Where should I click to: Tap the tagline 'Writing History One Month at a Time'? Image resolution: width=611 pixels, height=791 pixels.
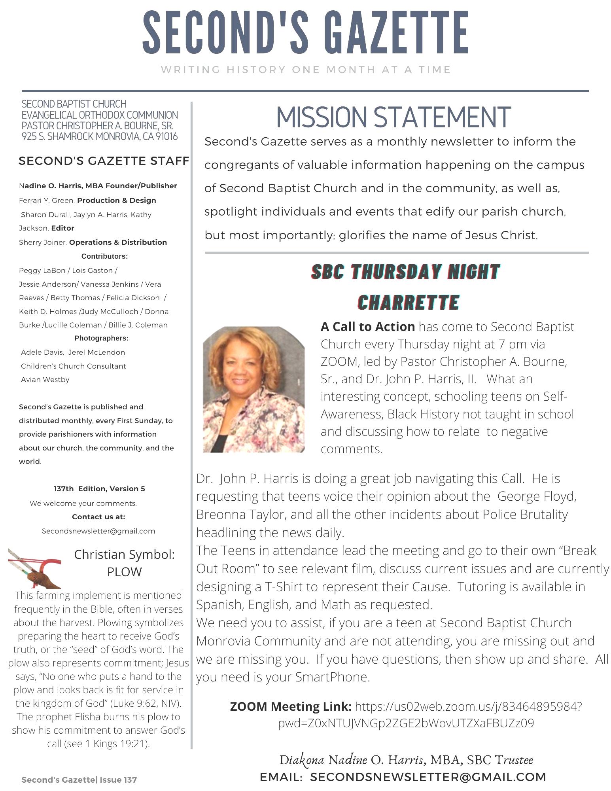click(x=306, y=70)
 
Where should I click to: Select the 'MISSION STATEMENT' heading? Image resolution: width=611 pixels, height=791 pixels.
click(x=393, y=117)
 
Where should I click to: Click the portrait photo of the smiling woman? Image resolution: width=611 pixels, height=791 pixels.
click(x=253, y=389)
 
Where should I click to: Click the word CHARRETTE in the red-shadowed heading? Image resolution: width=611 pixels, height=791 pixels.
click(x=408, y=303)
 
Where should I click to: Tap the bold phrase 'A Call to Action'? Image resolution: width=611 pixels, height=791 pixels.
click(x=367, y=327)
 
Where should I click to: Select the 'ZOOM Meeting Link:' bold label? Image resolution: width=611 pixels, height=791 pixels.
click(x=291, y=706)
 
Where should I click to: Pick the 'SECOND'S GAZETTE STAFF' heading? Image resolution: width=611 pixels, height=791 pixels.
click(x=104, y=161)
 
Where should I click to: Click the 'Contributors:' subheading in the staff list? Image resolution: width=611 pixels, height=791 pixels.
click(x=104, y=256)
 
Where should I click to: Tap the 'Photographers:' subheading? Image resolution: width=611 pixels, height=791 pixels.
click(x=101, y=338)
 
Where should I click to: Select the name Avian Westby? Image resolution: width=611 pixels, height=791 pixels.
click(x=45, y=380)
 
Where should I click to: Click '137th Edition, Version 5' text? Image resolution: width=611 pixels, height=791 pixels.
click(x=99, y=489)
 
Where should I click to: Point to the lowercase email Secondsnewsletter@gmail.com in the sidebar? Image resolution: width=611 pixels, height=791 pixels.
click(x=98, y=531)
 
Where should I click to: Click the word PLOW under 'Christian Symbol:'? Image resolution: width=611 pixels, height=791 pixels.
click(x=124, y=572)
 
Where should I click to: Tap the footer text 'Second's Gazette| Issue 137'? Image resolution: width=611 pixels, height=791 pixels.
click(x=79, y=780)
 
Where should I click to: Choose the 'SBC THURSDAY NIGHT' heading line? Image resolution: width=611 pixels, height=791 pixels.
click(x=405, y=272)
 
